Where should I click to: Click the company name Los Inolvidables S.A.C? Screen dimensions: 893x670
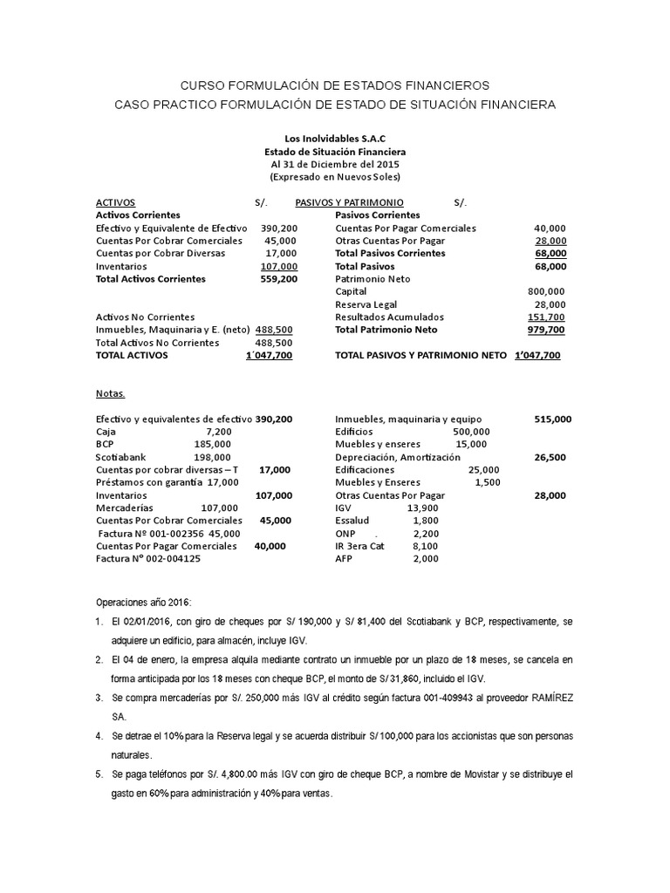pos(335,139)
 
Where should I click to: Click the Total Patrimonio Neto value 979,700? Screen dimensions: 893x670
pos(546,330)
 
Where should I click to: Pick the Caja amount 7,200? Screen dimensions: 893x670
pos(219,432)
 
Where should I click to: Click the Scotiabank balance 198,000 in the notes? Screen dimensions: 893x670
pos(213,456)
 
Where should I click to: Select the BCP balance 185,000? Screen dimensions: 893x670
pos(213,444)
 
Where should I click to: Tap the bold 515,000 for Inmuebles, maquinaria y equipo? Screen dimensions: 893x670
pos(553,419)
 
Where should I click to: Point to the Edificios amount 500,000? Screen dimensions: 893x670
pos(472,432)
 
